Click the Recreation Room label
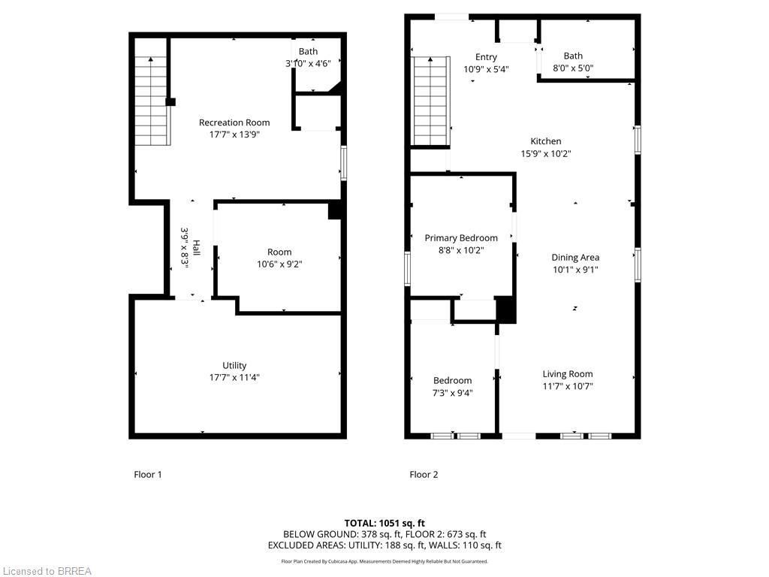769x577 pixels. (x=234, y=122)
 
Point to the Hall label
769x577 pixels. (x=197, y=248)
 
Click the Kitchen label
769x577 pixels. (x=546, y=141)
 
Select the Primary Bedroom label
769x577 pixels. (x=461, y=238)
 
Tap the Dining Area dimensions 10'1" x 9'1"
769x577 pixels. (x=575, y=270)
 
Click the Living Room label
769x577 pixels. (x=568, y=374)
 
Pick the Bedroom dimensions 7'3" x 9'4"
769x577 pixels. (x=452, y=393)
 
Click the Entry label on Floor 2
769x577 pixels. (x=486, y=57)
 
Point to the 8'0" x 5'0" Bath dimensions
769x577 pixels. (x=573, y=68)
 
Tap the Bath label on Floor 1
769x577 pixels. (x=308, y=51)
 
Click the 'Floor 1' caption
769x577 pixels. (x=148, y=475)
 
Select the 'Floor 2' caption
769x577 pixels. (x=424, y=475)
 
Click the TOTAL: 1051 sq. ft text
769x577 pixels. (x=384, y=523)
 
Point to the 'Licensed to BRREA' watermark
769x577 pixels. (x=47, y=571)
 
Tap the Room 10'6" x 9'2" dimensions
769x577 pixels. (x=279, y=264)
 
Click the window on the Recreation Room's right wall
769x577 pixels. (x=344, y=163)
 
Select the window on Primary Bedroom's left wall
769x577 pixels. (x=408, y=269)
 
